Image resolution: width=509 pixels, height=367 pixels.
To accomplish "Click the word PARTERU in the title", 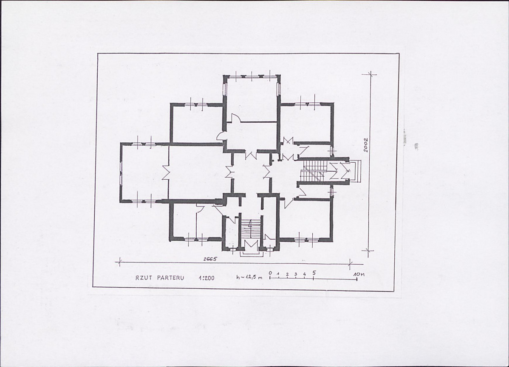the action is point(171,278).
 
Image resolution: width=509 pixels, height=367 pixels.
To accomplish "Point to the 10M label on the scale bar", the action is point(359,274).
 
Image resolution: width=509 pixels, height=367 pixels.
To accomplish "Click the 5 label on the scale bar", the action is point(314,273).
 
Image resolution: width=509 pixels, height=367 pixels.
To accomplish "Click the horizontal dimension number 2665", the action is point(210,259).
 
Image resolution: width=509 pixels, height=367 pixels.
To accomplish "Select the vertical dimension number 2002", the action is point(366,145).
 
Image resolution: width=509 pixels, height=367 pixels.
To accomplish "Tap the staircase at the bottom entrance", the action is point(251,231).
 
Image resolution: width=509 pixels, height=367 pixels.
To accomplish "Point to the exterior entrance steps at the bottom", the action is point(251,254).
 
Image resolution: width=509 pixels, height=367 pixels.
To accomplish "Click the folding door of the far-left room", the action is point(166,172).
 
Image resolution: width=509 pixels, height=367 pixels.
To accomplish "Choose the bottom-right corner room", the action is point(306,219).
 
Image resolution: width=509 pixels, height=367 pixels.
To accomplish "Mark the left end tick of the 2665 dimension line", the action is point(120,262).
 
